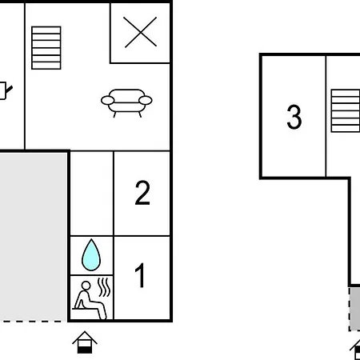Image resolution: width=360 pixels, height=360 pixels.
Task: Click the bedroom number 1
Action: tap(140, 275)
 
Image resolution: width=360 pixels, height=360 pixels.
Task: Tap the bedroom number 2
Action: tap(142, 193)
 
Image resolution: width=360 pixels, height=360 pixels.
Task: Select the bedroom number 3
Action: tap(294, 117)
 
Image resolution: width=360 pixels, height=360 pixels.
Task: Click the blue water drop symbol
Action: tap(91, 255)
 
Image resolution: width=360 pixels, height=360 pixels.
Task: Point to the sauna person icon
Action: tap(90, 299)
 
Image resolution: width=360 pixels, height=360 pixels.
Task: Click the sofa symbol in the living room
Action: tap(126, 102)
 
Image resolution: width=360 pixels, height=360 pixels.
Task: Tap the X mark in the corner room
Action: tap(140, 32)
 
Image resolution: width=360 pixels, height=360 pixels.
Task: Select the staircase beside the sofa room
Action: tap(46, 48)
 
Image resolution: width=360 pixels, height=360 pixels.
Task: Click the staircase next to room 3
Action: tap(346, 110)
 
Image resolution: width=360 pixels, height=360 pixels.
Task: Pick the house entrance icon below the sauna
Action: tap(85, 342)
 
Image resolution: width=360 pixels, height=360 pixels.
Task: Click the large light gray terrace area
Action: tap(33, 237)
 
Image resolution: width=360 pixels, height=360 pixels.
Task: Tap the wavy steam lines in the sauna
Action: tap(104, 287)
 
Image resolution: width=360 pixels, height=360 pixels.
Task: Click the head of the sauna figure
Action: tap(86, 286)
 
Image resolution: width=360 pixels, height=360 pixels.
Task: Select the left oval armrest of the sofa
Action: tap(108, 100)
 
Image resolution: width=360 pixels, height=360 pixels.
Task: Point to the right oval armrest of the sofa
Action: tap(146, 100)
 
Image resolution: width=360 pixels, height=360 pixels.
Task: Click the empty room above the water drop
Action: tap(91, 194)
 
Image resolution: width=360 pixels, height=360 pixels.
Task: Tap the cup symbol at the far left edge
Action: tap(6, 90)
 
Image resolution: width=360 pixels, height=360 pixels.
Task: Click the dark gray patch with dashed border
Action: tap(355, 309)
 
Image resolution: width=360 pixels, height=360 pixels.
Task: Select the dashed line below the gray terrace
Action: tap(33, 322)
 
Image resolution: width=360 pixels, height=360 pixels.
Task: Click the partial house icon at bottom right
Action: tap(355, 350)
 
